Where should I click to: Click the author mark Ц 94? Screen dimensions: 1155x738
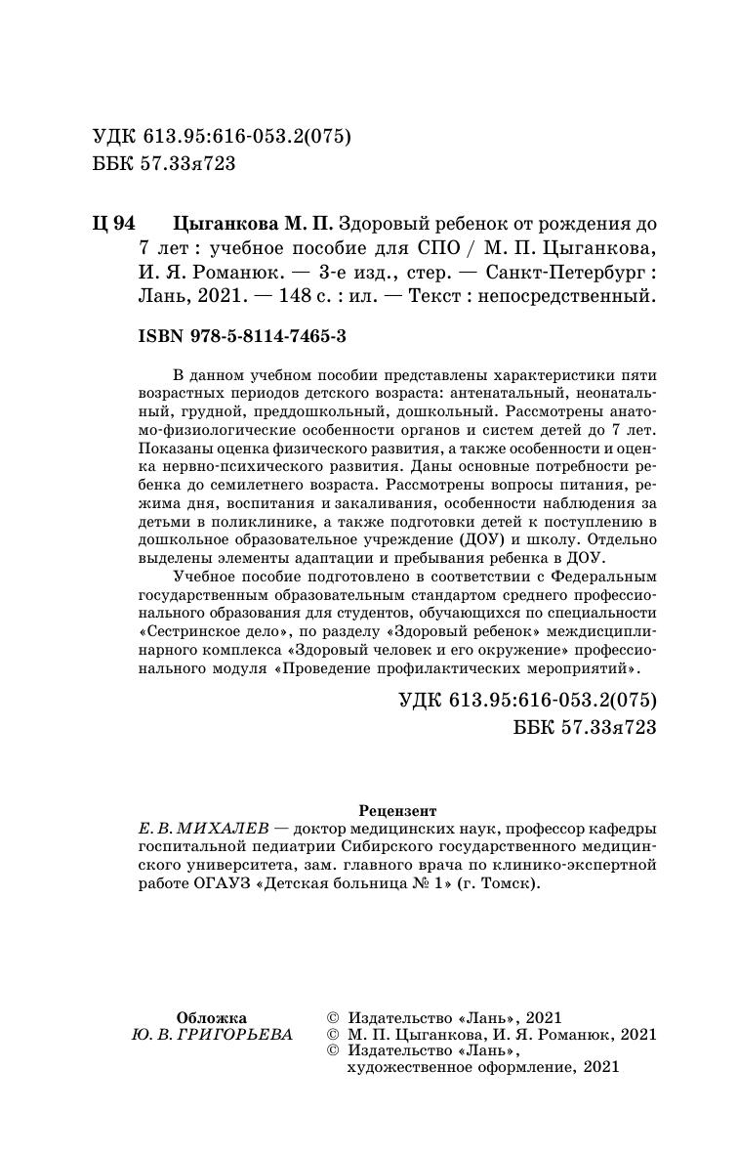click(112, 223)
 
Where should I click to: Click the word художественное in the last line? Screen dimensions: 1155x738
click(400, 1068)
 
